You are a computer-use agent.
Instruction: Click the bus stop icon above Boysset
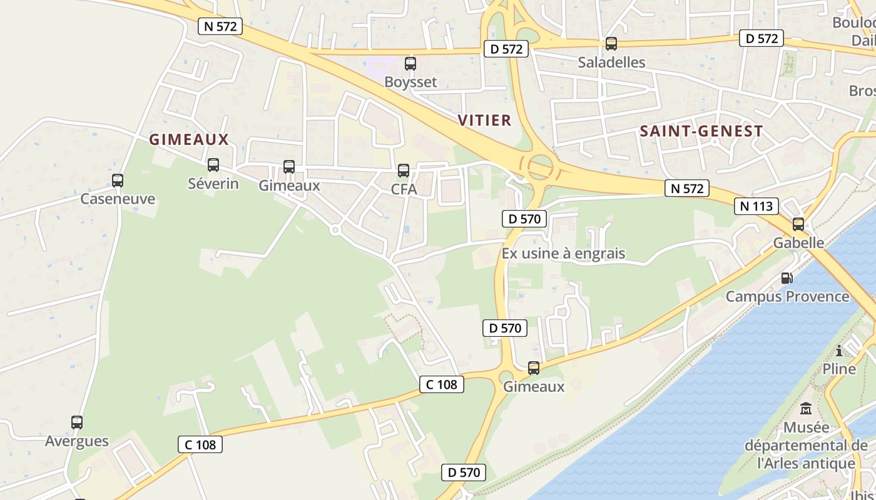pyautogui.click(x=410, y=63)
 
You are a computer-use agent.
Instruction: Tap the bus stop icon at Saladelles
pyautogui.click(x=611, y=44)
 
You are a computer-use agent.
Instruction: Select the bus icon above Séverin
pyautogui.click(x=213, y=165)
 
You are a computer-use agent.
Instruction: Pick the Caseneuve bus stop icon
pyautogui.click(x=118, y=181)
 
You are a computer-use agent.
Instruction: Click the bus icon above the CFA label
pyautogui.click(x=404, y=171)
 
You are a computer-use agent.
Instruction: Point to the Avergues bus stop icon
pyautogui.click(x=77, y=422)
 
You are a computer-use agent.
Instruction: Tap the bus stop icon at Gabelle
pyautogui.click(x=798, y=224)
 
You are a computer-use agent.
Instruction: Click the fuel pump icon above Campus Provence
pyautogui.click(x=787, y=278)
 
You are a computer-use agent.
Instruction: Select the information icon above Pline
pyautogui.click(x=839, y=351)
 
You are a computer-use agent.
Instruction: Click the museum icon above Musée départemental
pyautogui.click(x=806, y=409)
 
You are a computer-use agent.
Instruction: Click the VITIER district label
pyautogui.click(x=484, y=120)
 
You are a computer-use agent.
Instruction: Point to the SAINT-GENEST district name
pyautogui.click(x=701, y=131)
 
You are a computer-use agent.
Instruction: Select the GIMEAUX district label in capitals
pyautogui.click(x=189, y=139)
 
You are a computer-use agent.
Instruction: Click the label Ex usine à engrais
pyautogui.click(x=563, y=254)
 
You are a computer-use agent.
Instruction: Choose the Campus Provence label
pyautogui.click(x=787, y=296)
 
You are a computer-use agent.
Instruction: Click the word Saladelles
pyautogui.click(x=611, y=62)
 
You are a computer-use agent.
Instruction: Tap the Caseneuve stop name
pyautogui.click(x=118, y=199)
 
